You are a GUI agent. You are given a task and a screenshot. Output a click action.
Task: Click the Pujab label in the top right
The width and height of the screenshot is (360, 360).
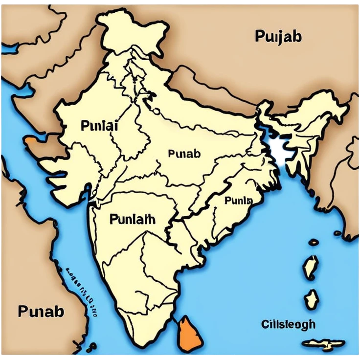(x=278, y=37)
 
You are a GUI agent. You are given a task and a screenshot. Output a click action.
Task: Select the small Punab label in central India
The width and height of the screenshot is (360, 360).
(x=184, y=154)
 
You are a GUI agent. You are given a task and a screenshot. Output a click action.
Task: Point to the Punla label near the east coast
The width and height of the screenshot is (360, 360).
(x=238, y=201)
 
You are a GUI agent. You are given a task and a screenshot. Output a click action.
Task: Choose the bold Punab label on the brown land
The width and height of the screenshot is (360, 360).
(x=41, y=311)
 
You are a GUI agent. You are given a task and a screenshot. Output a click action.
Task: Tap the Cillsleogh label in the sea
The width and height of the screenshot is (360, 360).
(x=288, y=324)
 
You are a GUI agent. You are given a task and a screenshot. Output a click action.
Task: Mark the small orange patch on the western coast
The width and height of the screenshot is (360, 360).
(x=30, y=142)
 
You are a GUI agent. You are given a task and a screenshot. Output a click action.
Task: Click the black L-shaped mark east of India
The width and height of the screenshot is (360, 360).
(x=279, y=149)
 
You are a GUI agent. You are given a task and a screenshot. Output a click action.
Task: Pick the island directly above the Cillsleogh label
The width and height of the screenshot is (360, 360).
(x=312, y=299)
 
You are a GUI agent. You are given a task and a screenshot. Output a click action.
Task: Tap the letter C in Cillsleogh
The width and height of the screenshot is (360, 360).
(x=265, y=324)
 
